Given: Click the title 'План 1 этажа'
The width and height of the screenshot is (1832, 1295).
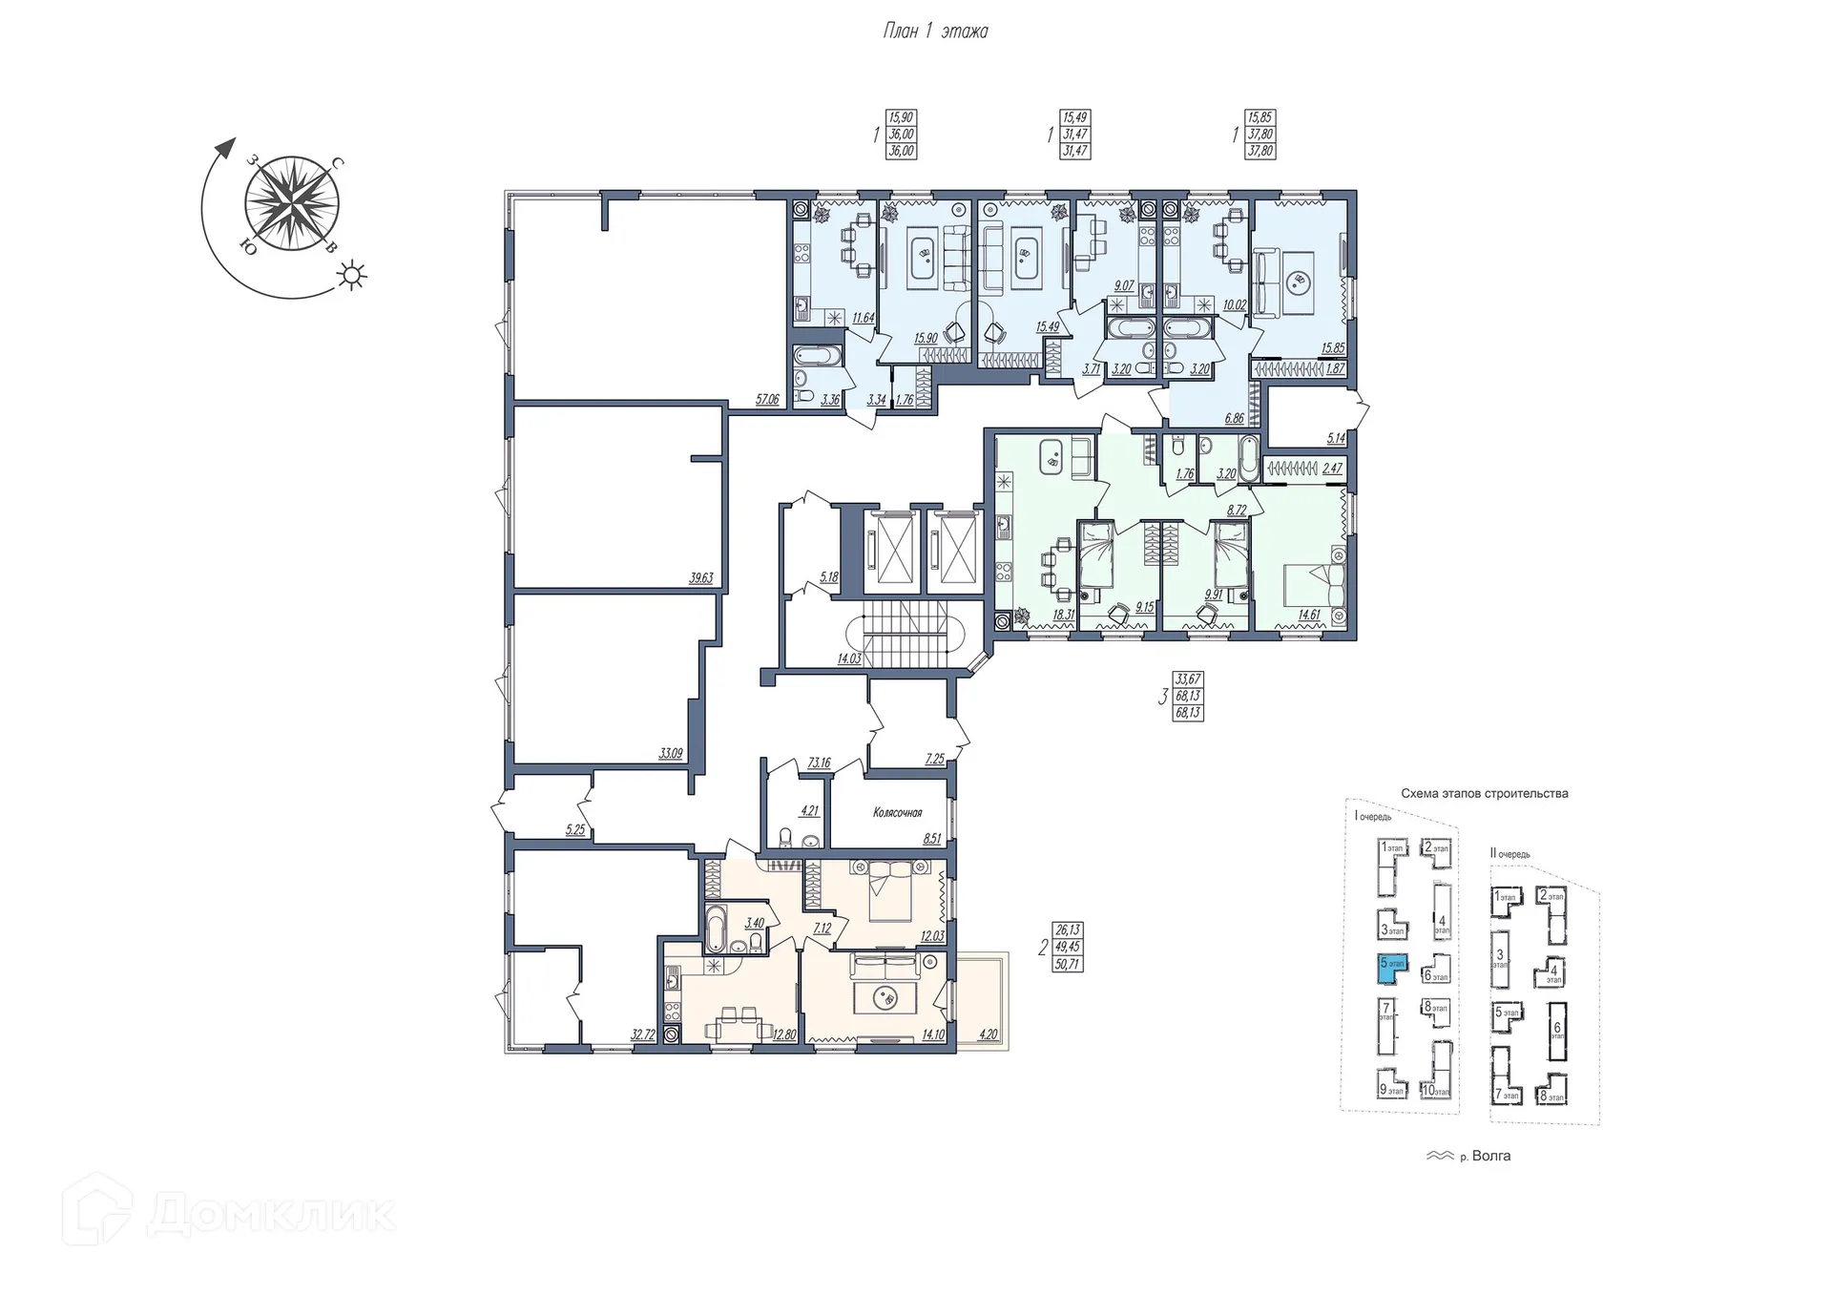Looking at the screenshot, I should [x=935, y=31].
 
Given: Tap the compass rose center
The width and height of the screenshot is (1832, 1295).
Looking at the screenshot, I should [x=291, y=204].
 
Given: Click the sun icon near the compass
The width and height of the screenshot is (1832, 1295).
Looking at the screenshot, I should [x=353, y=276].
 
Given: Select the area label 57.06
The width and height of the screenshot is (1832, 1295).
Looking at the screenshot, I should [x=767, y=400].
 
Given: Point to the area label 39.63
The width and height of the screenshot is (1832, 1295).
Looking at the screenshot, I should [x=701, y=577].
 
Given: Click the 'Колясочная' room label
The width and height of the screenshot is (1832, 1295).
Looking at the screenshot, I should [x=897, y=813].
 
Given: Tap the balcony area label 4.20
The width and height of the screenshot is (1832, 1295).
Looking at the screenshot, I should [x=989, y=1034].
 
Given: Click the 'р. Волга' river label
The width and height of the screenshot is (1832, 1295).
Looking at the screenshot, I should [x=1485, y=1156].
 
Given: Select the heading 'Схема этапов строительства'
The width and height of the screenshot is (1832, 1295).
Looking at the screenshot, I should [x=1484, y=794].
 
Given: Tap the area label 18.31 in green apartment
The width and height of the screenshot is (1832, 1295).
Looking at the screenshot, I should [x=1063, y=616].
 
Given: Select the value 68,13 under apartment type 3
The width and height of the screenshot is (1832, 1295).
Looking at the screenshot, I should [x=1188, y=697].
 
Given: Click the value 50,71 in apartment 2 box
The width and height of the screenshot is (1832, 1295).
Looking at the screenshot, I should [x=1067, y=964].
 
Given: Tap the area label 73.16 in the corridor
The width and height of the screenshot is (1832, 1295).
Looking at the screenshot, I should [x=819, y=763].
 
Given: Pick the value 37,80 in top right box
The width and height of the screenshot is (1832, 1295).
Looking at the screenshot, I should [x=1260, y=135].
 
